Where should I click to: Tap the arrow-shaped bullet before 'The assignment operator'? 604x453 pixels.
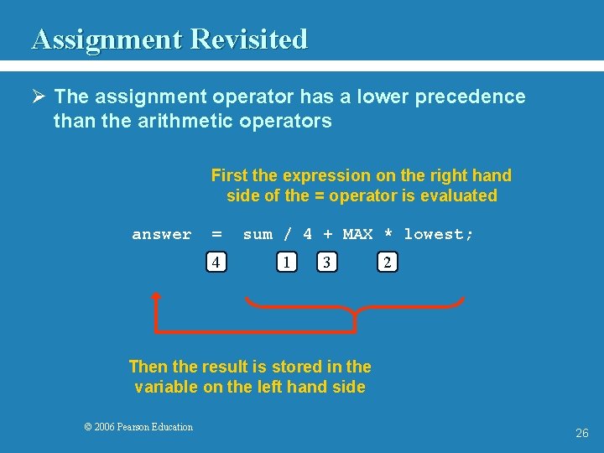coord(38,97)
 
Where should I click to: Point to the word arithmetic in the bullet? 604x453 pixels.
coord(168,122)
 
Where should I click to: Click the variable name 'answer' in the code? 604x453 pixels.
coord(162,235)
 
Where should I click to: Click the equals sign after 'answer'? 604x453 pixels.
coord(216,235)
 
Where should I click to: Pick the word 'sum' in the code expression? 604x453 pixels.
coord(258,235)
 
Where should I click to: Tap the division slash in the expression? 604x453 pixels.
coord(288,235)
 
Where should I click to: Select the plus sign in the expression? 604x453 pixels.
coord(327,235)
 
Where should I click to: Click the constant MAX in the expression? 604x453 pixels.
coord(357,235)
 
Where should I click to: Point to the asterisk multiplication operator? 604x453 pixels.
coord(388,235)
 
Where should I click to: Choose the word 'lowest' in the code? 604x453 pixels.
coord(435,235)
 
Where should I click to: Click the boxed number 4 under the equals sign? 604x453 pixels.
coord(216,263)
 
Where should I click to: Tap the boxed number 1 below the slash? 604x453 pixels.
coord(287,263)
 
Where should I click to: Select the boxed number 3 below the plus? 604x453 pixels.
coord(327,263)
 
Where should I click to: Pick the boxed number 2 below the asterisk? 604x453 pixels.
coord(387,263)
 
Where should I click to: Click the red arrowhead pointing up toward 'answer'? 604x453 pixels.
coord(155,295)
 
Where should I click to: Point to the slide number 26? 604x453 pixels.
coord(582,434)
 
